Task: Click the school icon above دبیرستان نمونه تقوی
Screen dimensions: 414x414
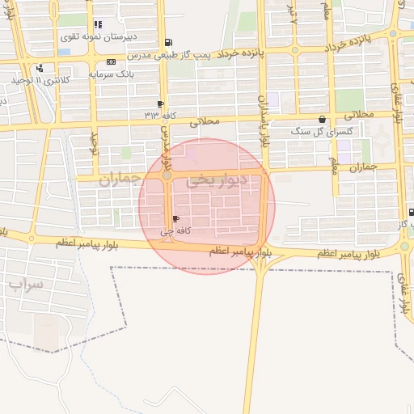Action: coord(98,24)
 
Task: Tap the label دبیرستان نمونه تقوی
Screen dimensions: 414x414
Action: coord(98,36)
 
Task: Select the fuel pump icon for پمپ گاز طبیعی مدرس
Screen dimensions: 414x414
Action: coord(167,42)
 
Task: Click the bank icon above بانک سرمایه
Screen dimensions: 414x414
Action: coord(110,61)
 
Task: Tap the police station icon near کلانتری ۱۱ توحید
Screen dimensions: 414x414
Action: coord(40,68)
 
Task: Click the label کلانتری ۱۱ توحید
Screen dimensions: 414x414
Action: coord(40,81)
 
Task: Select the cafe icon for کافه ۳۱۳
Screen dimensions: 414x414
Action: coord(160,103)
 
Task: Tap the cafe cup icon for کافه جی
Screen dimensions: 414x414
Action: coord(176,219)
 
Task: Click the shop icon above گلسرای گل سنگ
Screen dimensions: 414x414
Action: coord(322,120)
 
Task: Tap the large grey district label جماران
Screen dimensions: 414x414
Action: coord(120,180)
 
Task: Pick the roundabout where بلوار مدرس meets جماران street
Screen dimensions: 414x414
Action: coord(167,174)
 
